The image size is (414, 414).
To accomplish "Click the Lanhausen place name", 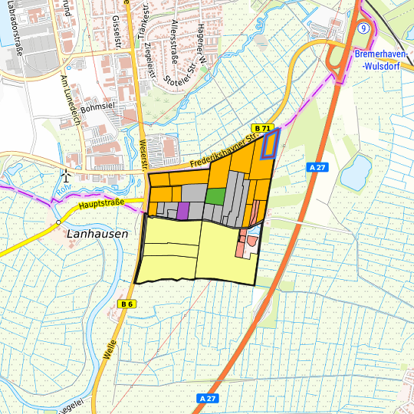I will coord(97,235).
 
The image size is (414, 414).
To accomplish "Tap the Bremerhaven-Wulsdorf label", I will coord(383,60).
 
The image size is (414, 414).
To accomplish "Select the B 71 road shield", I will coord(263,127).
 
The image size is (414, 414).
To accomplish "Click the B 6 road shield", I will coord(127,304).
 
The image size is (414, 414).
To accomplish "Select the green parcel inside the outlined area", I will coord(215,195).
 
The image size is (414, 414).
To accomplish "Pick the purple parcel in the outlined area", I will coord(182,210).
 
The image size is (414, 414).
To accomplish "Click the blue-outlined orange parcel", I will coord(270,143).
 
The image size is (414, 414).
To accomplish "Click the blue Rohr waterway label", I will coord(64,186).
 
